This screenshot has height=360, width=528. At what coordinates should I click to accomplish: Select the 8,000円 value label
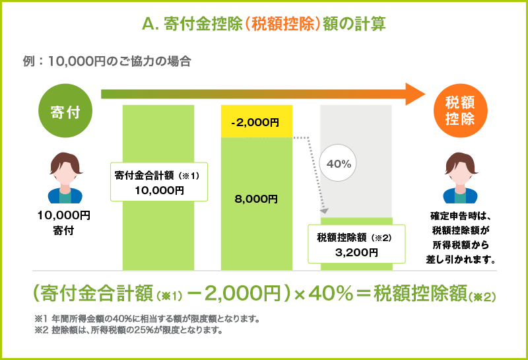tap(256, 198)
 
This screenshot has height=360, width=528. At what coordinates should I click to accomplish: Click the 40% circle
tap(339, 163)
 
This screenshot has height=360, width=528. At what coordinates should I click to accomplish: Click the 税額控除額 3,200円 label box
tap(355, 244)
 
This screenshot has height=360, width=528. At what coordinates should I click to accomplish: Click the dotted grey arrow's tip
tap(325, 211)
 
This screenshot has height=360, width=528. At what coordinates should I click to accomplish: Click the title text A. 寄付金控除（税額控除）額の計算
tap(263, 24)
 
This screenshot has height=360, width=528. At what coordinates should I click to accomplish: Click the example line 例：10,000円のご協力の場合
tap(106, 62)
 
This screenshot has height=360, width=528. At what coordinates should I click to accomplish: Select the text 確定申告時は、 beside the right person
tap(460, 217)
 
